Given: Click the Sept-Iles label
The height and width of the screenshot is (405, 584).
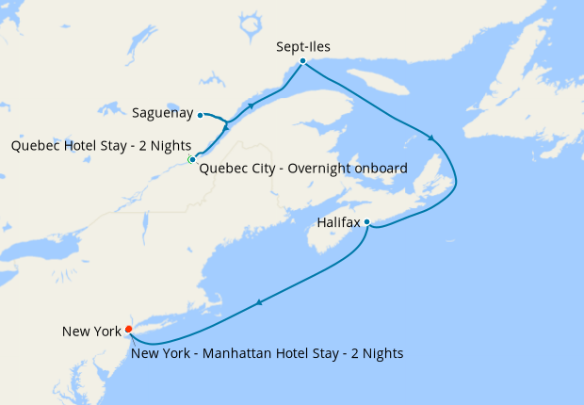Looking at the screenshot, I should tap(303, 45).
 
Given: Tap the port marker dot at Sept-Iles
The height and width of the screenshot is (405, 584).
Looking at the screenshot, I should tap(302, 62).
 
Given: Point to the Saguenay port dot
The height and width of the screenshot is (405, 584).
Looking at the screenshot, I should tap(201, 115).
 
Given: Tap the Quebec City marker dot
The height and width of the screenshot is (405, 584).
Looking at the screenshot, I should tap(192, 160).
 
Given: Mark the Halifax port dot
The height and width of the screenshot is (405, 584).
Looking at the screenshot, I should tap(366, 222).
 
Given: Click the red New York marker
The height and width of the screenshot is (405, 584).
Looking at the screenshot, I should tap(128, 329).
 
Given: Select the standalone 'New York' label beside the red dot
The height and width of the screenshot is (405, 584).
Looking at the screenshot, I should tap(91, 331).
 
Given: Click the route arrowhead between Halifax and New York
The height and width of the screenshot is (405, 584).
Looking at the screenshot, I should tap(258, 302).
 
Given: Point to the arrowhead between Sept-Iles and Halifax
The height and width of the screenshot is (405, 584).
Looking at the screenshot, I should tap(431, 138).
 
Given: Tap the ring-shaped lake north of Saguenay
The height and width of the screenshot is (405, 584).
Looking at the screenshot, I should tap(250, 25).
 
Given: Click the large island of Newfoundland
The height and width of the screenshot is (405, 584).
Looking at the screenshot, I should tap(537, 75).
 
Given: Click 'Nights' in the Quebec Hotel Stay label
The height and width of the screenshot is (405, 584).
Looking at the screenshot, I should tap(170, 146).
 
